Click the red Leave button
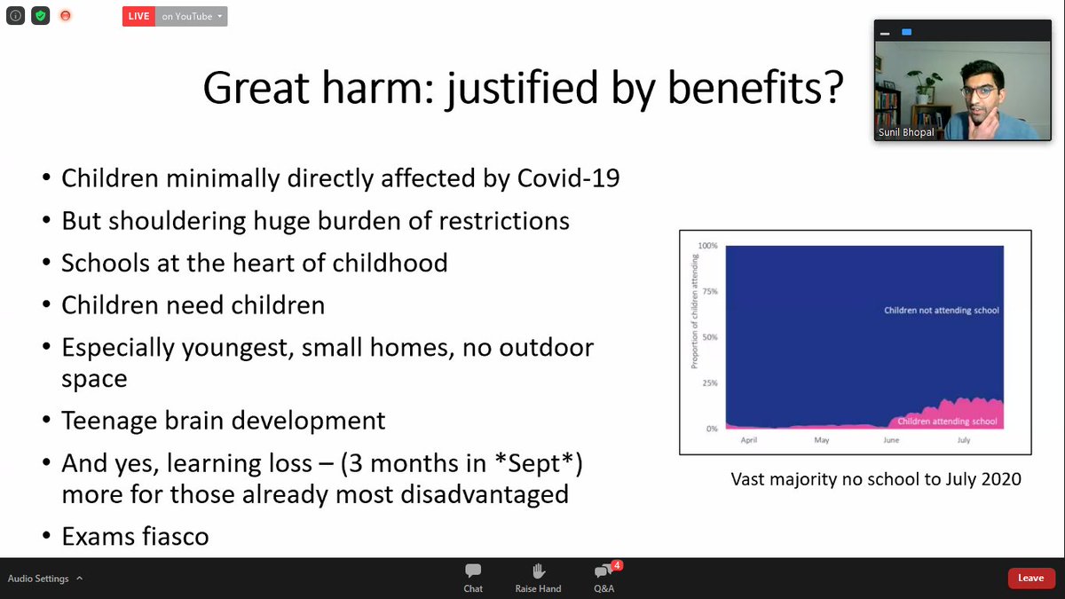pos(1030,578)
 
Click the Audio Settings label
pos(38,579)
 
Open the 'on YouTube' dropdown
pos(192,16)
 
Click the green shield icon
pos(40,16)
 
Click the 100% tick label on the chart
pos(707,245)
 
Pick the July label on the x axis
pos(964,440)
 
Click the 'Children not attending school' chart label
pos(941,311)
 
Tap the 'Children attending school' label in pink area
pos(947,422)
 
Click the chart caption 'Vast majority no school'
pos(876,479)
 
